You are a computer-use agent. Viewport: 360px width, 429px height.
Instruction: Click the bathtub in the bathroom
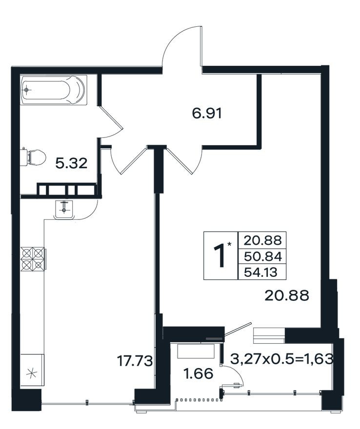pos(54,90)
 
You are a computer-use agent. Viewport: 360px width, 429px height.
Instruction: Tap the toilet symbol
pos(34,157)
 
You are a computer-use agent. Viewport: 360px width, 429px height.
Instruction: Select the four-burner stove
pos(33,259)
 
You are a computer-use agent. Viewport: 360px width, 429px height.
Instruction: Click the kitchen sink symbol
pos(64,210)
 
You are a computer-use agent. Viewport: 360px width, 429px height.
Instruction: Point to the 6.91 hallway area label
pos(207,113)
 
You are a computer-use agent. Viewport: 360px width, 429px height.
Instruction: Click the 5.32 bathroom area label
pos(71,163)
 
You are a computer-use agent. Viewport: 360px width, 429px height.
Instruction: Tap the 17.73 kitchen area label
pos(135,361)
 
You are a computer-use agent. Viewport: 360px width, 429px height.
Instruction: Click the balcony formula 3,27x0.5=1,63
pos(282,359)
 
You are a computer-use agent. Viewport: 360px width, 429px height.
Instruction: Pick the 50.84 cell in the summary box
pos(262,256)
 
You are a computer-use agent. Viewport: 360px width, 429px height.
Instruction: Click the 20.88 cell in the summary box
pos(262,240)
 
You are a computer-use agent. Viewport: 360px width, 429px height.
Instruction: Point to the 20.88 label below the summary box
pos(287,295)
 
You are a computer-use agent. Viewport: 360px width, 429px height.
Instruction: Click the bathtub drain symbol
pos(26,90)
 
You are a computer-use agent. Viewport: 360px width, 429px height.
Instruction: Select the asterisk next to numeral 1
pos(229,244)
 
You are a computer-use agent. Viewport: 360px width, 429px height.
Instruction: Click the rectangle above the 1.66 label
pos(196,351)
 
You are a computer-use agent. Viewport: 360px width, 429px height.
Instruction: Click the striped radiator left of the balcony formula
pos(270,335)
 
